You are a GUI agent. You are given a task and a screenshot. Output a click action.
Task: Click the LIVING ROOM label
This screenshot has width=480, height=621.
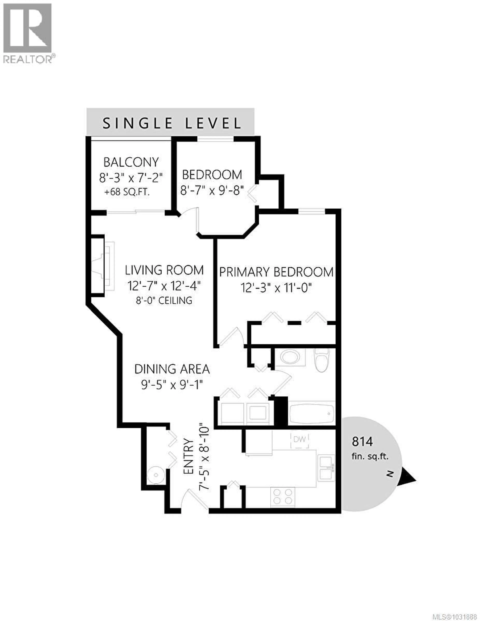164,270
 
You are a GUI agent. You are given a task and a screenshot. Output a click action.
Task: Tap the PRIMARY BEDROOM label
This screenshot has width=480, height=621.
276,272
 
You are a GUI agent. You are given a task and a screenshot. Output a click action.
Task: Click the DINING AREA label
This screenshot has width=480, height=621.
172,369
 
